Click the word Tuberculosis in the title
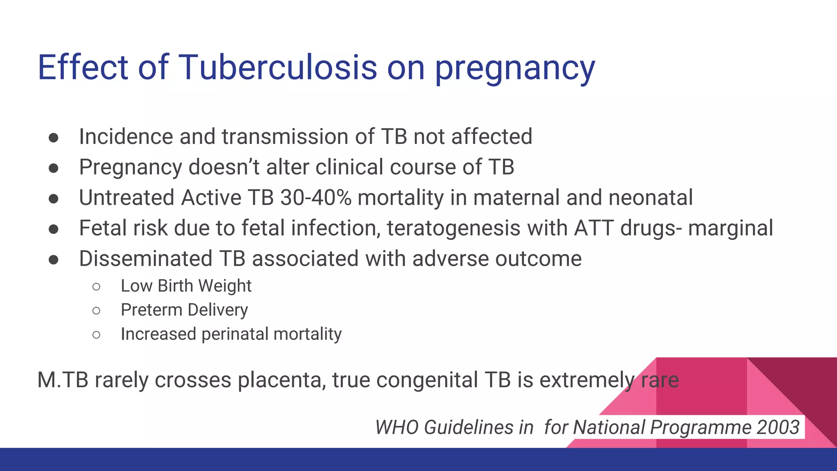coord(278,67)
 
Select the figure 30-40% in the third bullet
coord(316,197)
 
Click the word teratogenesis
coord(453,229)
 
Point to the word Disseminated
coord(145,259)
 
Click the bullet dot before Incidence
coord(53,138)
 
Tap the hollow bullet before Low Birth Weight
coord(96,287)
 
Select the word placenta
coord(281,380)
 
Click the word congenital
coord(427,380)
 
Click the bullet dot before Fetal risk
coord(53,229)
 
